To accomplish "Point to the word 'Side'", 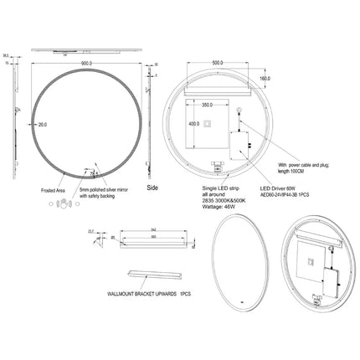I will [x=152, y=188].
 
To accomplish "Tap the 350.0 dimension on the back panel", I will [x=197, y=107].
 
